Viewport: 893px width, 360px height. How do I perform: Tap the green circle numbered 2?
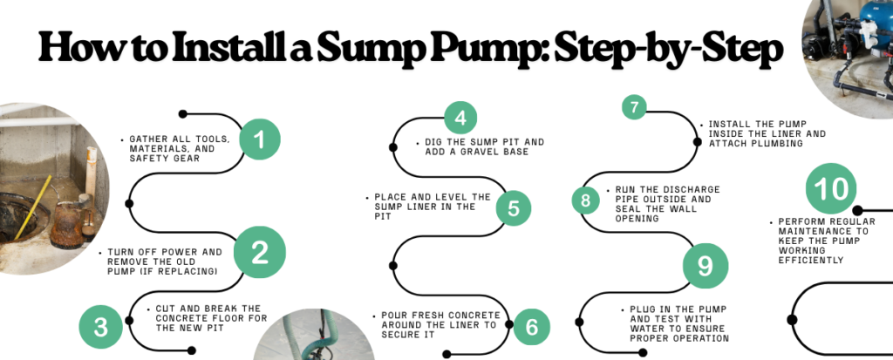(259, 253)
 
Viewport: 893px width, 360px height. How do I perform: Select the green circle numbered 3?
(101, 327)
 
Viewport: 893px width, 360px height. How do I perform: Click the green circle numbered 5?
(513, 208)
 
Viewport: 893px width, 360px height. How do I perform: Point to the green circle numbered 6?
(531, 327)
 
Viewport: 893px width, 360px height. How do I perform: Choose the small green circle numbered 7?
(635, 107)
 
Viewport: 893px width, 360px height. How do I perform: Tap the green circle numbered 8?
(586, 200)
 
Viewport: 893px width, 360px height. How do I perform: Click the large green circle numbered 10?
(831, 188)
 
